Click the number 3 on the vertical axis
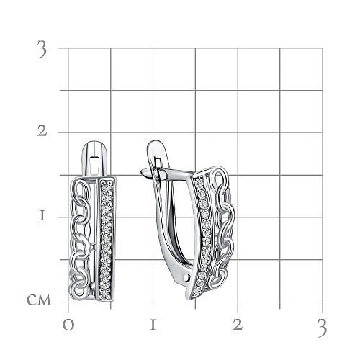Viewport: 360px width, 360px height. tap(42, 49)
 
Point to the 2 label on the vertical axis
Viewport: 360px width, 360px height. tap(42, 131)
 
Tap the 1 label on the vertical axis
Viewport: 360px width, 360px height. tap(42, 216)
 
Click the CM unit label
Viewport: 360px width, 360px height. tap(39, 300)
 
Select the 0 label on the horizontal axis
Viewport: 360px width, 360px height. tap(68, 325)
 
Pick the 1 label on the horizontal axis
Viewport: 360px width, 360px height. tap(153, 325)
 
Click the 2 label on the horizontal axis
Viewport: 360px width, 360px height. tap(238, 325)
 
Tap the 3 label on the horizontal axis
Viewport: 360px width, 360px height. tap(322, 328)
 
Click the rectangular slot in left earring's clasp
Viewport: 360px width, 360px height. tap(94, 165)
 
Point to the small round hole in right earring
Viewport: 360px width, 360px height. tap(186, 278)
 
